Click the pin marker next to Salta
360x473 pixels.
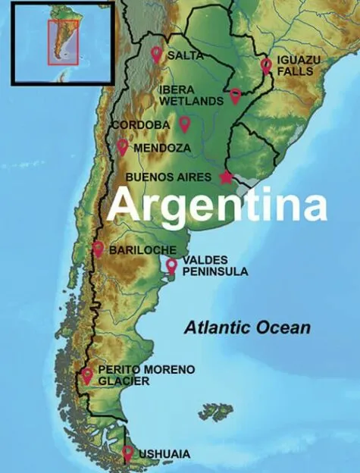tap(156, 54)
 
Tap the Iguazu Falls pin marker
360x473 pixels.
tap(266, 64)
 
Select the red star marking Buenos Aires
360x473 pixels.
tap(226, 177)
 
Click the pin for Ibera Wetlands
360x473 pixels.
tap(235, 96)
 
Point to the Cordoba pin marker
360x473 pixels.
tap(184, 123)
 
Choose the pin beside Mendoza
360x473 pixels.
tap(122, 146)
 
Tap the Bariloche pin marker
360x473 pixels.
tap(98, 248)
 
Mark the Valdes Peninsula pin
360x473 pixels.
tap(171, 265)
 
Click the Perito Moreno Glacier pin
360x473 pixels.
tap(87, 374)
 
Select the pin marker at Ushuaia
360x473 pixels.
tap(127, 453)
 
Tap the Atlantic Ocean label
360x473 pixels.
tap(247, 327)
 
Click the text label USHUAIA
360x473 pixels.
tap(164, 455)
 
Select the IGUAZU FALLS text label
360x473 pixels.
tap(298, 65)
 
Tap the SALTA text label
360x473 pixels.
tap(185, 55)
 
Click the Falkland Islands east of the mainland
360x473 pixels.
tap(216, 412)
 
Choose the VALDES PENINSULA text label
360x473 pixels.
tap(214, 265)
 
